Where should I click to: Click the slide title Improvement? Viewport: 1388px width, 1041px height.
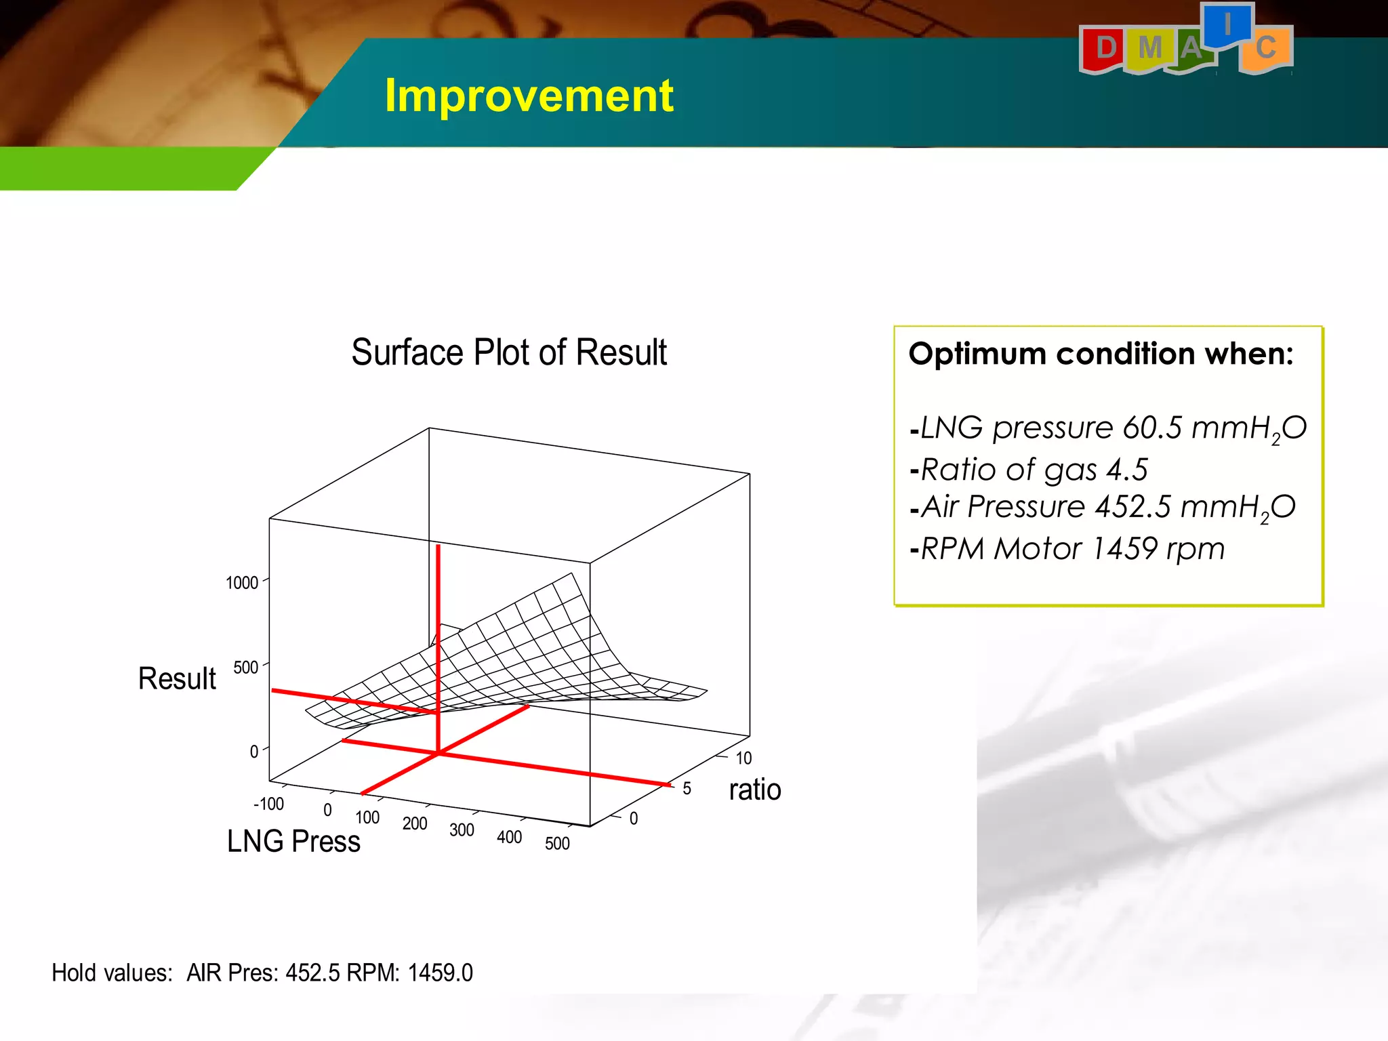pyautogui.click(x=529, y=95)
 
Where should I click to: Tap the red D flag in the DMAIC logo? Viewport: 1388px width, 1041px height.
pyautogui.click(x=1105, y=48)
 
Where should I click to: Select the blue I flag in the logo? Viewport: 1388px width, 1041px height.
pyautogui.click(x=1227, y=25)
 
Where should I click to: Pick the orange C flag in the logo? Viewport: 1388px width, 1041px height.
pyautogui.click(x=1265, y=48)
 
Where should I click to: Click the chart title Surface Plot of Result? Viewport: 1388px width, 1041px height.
pyautogui.click(x=509, y=352)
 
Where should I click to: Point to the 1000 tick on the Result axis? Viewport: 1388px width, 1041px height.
pyautogui.click(x=242, y=583)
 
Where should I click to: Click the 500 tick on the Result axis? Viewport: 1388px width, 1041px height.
pyautogui.click(x=246, y=668)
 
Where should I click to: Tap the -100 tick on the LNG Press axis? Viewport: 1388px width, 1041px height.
pyautogui.click(x=268, y=804)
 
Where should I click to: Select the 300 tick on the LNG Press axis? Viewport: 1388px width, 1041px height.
pyautogui.click(x=462, y=830)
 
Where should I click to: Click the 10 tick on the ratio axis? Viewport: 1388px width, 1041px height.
pyautogui.click(x=743, y=758)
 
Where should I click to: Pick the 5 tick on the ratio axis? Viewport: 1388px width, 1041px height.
pyautogui.click(x=687, y=789)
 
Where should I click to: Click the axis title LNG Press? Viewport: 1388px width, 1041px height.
pyautogui.click(x=293, y=842)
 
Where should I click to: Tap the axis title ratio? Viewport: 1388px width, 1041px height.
pyautogui.click(x=755, y=790)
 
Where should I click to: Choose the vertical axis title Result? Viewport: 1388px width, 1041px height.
pyautogui.click(x=177, y=678)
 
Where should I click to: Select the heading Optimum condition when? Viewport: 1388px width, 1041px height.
pyautogui.click(x=1101, y=354)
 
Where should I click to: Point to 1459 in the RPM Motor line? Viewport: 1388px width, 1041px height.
pyautogui.click(x=1125, y=548)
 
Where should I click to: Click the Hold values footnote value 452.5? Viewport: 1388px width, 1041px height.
pyautogui.click(x=312, y=973)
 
